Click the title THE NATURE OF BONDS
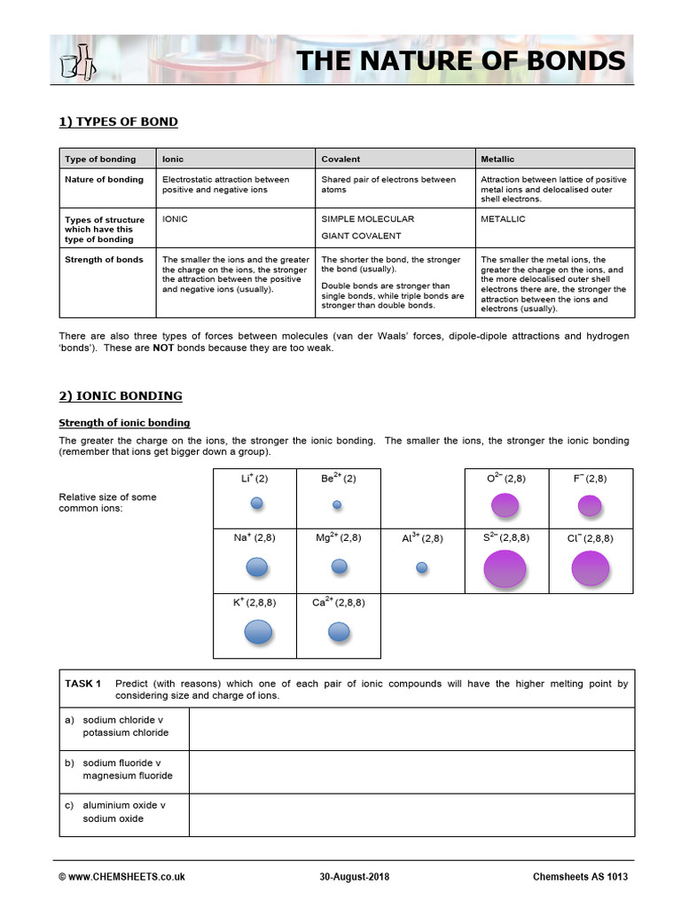[x=460, y=61]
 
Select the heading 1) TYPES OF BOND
[x=118, y=121]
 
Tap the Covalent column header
[x=340, y=159]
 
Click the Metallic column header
[x=497, y=159]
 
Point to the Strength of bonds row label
[x=104, y=260]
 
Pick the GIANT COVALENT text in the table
[x=361, y=236]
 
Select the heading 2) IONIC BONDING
[x=121, y=395]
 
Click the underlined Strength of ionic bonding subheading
[x=124, y=423]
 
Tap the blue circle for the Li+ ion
[x=257, y=503]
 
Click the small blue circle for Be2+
[x=337, y=505]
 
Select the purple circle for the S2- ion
[x=505, y=568]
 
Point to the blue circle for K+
[x=258, y=631]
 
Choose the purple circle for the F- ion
[x=590, y=505]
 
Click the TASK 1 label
[x=83, y=684]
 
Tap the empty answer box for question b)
[x=411, y=769]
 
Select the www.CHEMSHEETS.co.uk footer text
[x=121, y=877]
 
